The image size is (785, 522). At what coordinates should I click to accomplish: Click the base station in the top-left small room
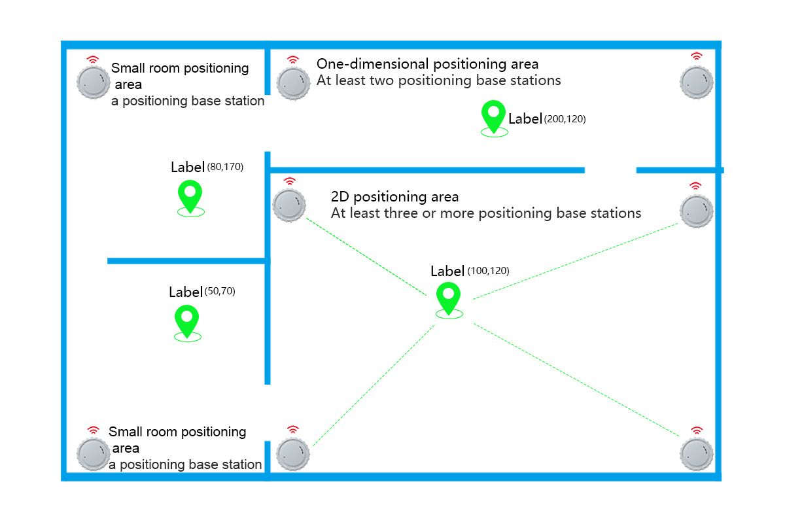click(x=94, y=82)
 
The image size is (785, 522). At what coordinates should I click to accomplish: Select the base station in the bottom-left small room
click(x=93, y=454)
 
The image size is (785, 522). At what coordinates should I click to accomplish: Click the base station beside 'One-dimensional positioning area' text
click(x=292, y=82)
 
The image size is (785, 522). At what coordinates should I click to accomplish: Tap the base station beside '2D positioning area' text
click(x=289, y=205)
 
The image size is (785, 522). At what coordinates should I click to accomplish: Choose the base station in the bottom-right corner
click(x=697, y=454)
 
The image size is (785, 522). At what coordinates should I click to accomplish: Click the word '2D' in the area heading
click(x=340, y=197)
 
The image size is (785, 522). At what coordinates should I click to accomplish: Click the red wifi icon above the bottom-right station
click(x=697, y=430)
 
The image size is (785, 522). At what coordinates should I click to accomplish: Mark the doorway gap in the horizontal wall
click(x=610, y=170)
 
